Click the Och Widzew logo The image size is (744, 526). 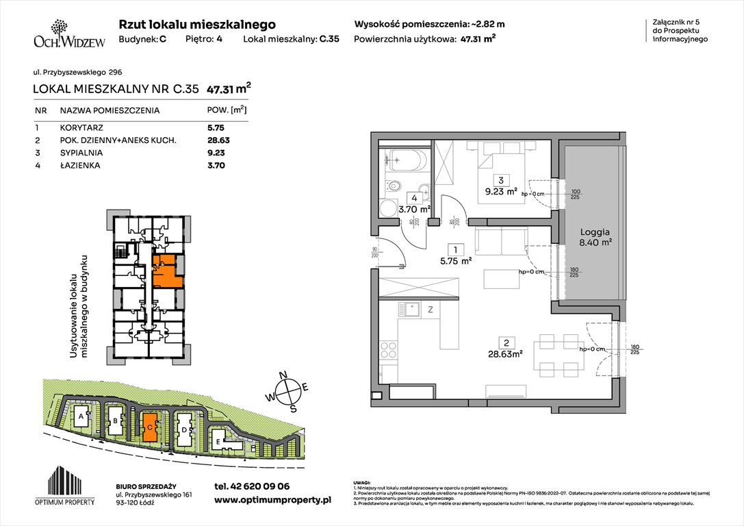point(60,35)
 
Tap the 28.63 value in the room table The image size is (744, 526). point(217,140)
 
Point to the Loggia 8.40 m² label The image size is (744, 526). point(593,236)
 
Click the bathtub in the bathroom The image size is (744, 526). point(405,162)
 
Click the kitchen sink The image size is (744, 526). point(413,310)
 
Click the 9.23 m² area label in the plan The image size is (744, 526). point(502,192)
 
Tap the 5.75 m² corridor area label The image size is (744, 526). point(455,260)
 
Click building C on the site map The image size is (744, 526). point(149,427)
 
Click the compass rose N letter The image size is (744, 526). point(290,376)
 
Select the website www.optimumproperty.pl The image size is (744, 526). point(272,500)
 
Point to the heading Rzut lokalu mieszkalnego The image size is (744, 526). point(197,24)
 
